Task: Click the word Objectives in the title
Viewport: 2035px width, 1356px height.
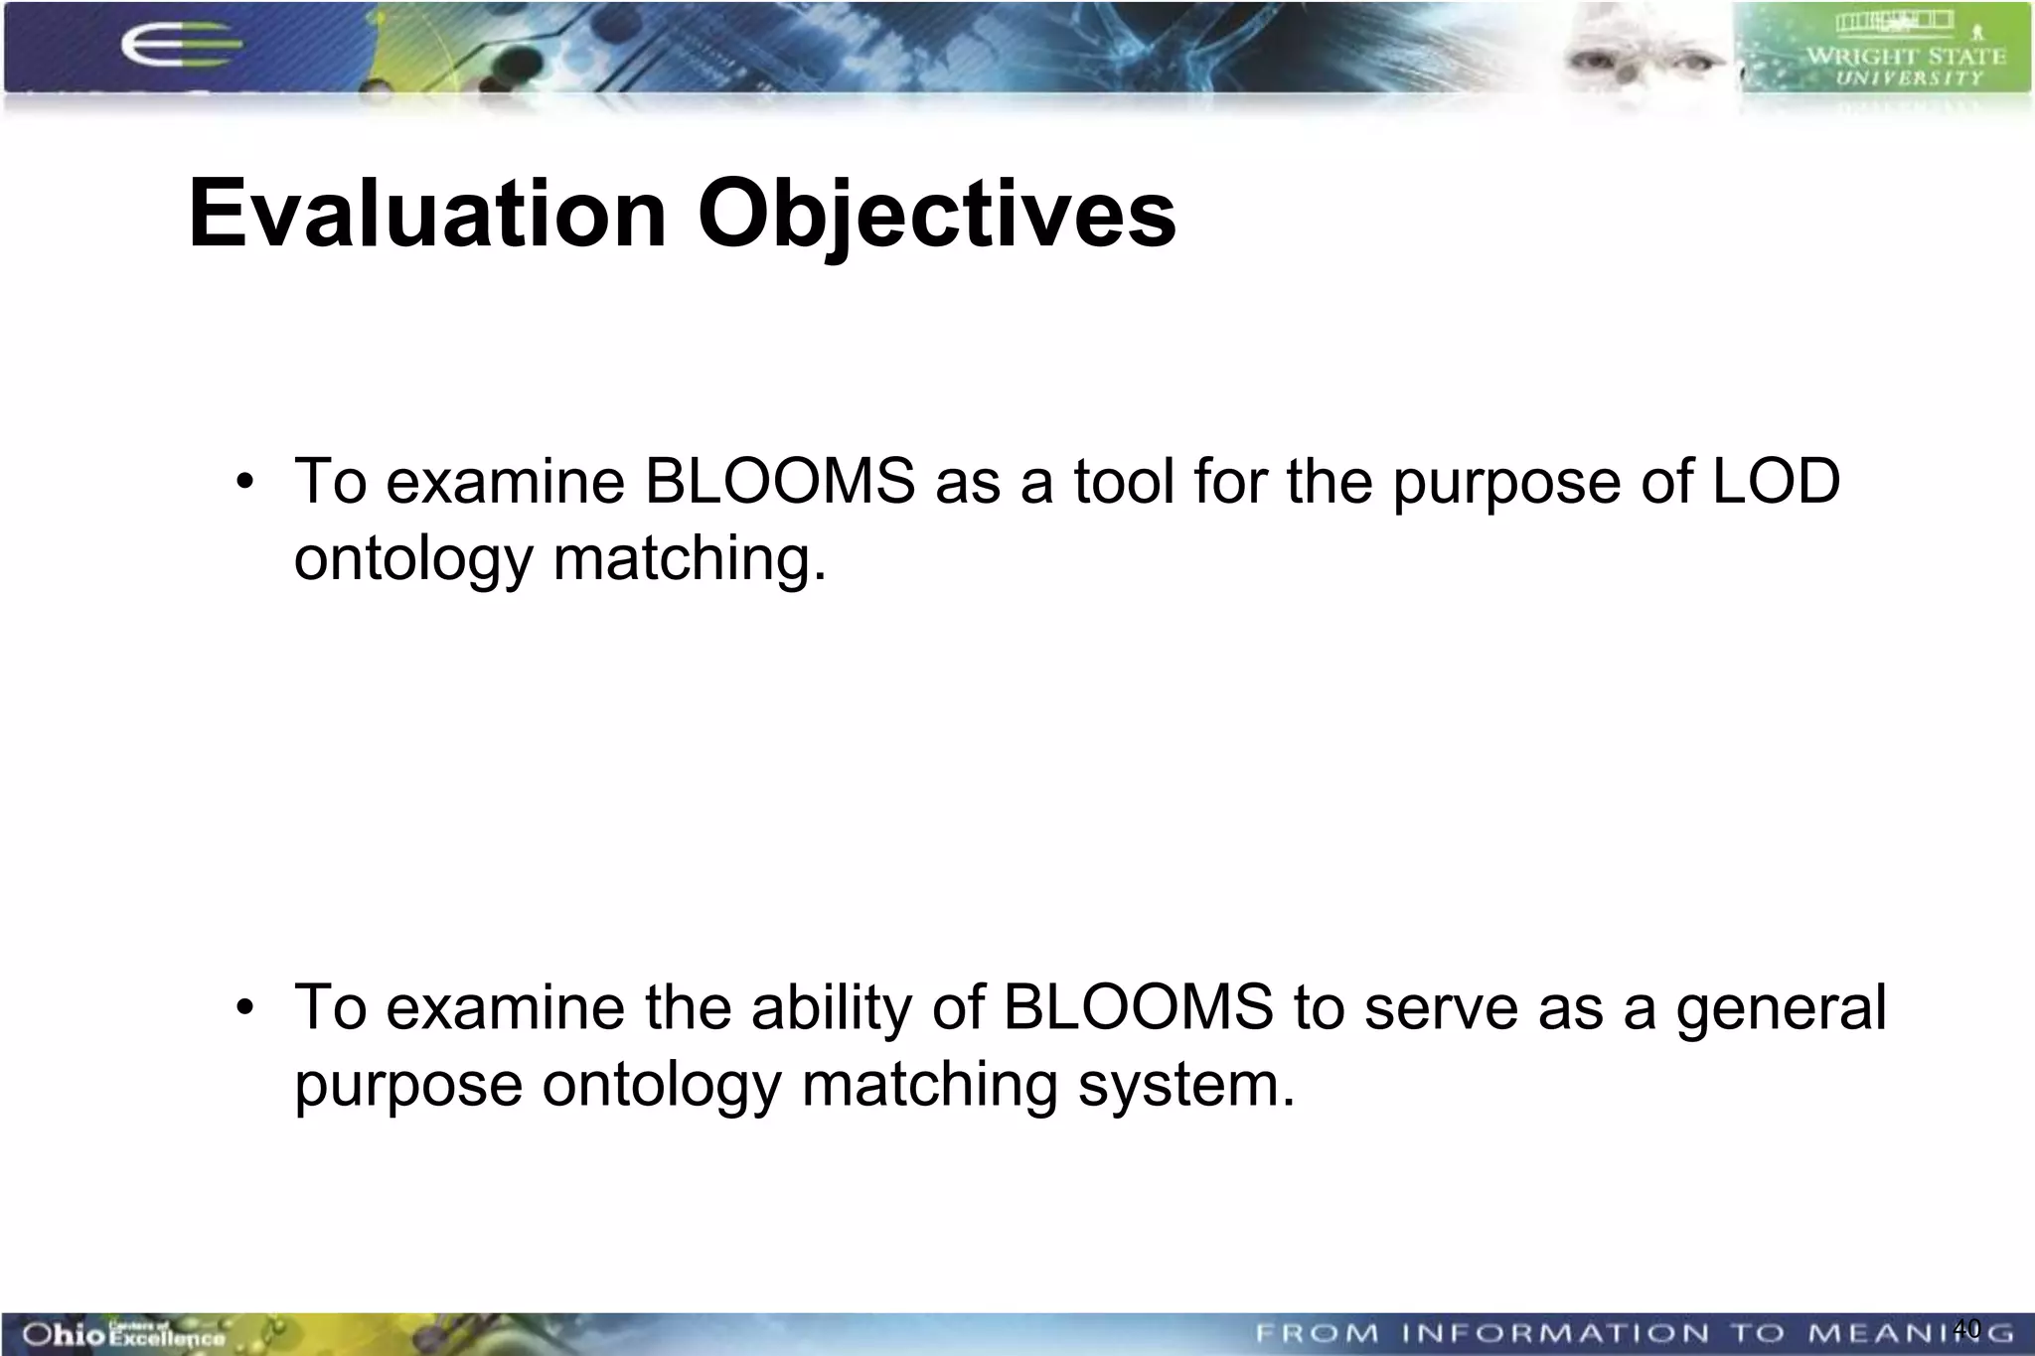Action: pos(936,214)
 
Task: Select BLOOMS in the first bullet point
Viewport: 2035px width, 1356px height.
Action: pos(780,482)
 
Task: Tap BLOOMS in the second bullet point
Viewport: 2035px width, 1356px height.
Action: pos(1138,1007)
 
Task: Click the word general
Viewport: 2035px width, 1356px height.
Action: pos(1781,1007)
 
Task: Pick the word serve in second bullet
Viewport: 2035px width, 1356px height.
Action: pos(1441,1007)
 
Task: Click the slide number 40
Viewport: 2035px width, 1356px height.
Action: pos(1966,1327)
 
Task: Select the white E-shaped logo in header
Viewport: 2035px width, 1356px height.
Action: pos(179,45)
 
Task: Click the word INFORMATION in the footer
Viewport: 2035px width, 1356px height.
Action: pos(1555,1333)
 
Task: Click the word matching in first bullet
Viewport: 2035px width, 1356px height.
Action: pos(689,559)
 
